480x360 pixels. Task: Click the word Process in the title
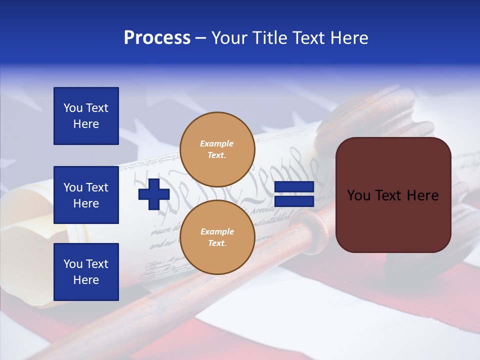tap(157, 38)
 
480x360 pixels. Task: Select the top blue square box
tap(86, 116)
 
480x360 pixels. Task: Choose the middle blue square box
tap(86, 195)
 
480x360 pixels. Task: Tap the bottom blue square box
tap(86, 272)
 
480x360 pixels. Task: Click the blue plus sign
tap(153, 194)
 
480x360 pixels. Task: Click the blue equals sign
tap(294, 194)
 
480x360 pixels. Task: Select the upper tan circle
tap(217, 149)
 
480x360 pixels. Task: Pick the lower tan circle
tap(217, 237)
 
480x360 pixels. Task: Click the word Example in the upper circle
tap(217, 144)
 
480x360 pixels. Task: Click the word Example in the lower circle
tap(217, 232)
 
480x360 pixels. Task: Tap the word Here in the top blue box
tap(86, 124)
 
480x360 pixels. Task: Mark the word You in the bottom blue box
tap(73, 264)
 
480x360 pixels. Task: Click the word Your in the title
tap(229, 38)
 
